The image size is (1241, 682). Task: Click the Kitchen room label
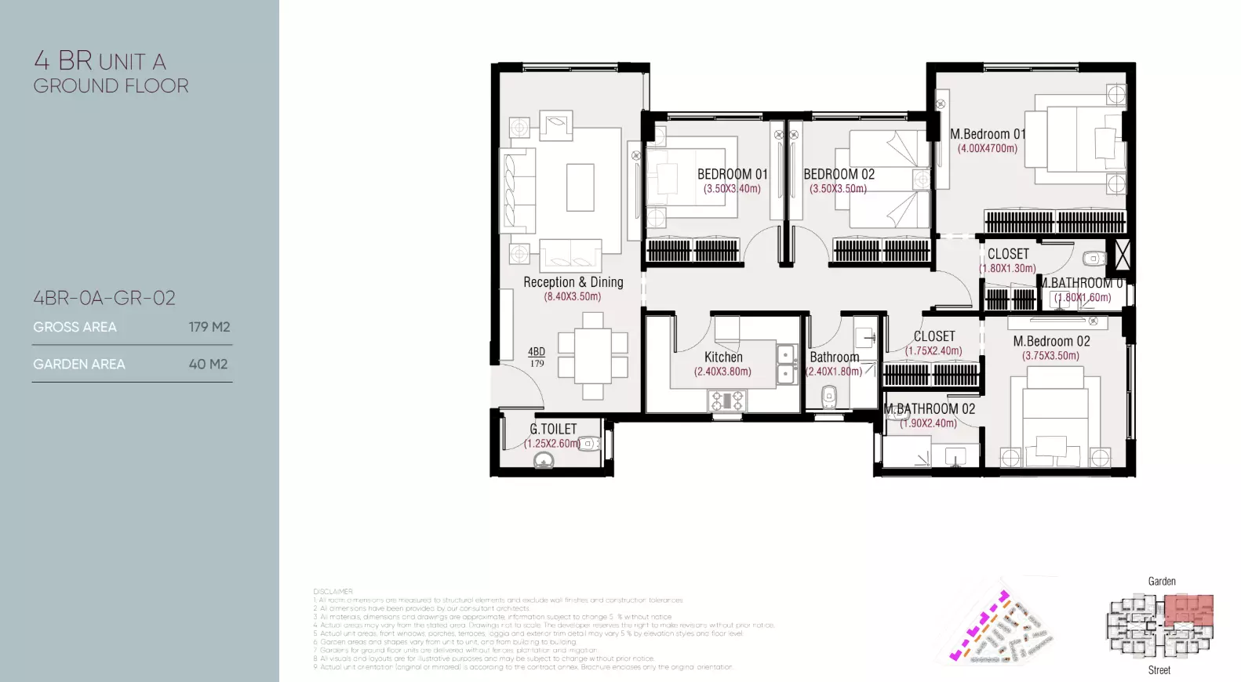tap(722, 357)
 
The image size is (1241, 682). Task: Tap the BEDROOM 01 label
tap(732, 174)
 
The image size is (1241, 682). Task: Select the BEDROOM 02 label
tap(839, 174)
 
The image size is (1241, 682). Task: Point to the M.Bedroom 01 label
tap(987, 134)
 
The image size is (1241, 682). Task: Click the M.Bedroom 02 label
tap(1051, 341)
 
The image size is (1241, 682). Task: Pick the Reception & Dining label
tap(573, 282)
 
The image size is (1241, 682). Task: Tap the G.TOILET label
tap(553, 429)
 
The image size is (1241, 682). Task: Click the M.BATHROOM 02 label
tap(930, 408)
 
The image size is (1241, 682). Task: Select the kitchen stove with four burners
tap(727, 401)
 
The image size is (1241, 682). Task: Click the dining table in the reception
tap(593, 355)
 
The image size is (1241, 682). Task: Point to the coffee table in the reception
tap(580, 187)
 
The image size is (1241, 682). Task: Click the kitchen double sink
tap(786, 365)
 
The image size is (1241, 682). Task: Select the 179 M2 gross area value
tap(209, 327)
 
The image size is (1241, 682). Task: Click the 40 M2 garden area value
tap(208, 365)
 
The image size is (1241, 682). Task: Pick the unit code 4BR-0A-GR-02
tap(104, 298)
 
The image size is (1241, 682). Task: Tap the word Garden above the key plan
tap(1162, 582)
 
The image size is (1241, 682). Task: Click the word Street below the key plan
tap(1159, 670)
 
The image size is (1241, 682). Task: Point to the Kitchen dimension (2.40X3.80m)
tap(722, 372)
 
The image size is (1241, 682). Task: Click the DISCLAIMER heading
tap(333, 592)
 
